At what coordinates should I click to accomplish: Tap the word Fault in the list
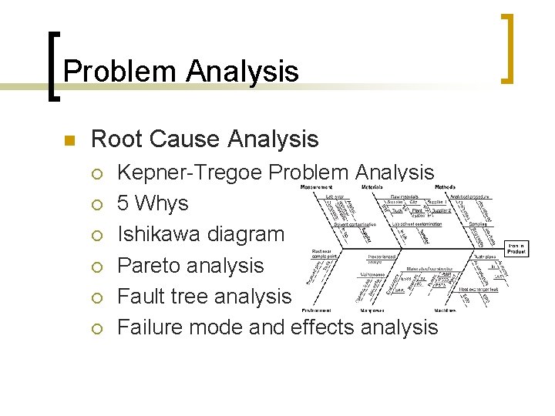[x=140, y=297]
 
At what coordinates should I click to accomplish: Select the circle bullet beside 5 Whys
[x=100, y=204]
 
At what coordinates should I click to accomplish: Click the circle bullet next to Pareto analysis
[x=100, y=267]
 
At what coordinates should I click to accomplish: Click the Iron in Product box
[x=516, y=248]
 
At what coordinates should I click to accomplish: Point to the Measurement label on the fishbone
[x=317, y=186]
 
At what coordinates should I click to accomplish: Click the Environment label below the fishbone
[x=317, y=310]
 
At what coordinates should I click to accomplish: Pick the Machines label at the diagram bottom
[x=446, y=310]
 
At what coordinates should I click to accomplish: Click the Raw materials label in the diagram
[x=405, y=196]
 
